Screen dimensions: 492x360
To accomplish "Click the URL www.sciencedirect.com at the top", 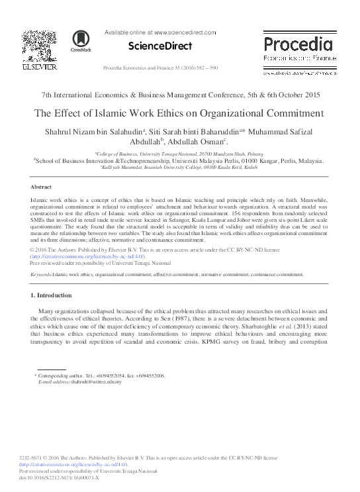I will pos(185,32).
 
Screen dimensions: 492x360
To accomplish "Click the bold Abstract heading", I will pos(42,187).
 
